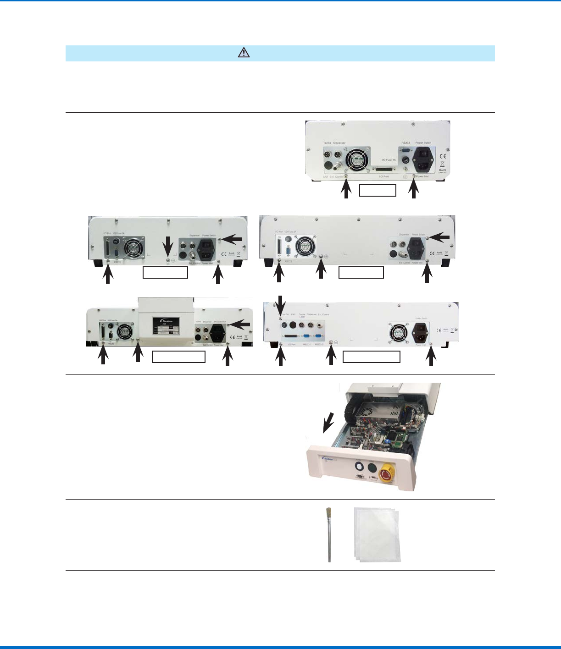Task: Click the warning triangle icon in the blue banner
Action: pyautogui.click(x=244, y=53)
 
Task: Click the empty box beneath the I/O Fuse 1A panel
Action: pyautogui.click(x=377, y=190)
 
